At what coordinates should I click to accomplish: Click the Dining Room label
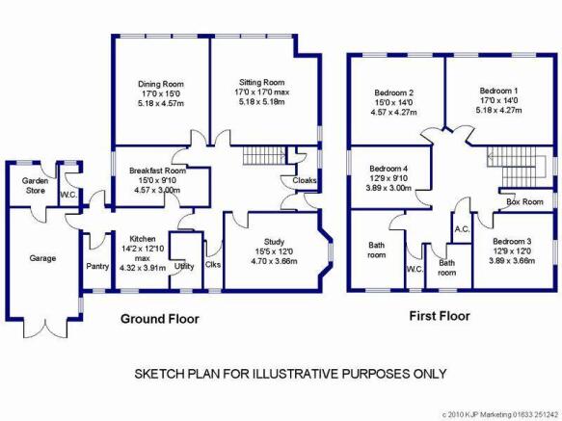coord(161,84)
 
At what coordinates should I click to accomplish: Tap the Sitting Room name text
coord(262,83)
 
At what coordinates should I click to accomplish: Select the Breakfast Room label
coord(158,171)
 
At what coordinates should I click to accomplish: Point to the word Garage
coord(42,258)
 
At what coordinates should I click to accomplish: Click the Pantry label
coord(97,267)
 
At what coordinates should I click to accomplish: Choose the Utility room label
coord(184,266)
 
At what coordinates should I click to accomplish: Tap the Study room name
coord(274,242)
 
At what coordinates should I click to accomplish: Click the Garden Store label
coord(35,186)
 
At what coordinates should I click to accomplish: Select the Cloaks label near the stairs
coord(305,180)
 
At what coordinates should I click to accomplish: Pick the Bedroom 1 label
coord(498,91)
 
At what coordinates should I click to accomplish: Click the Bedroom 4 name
coord(388,169)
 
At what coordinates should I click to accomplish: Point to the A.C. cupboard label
coord(462,229)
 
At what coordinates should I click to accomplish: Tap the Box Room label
coord(524,201)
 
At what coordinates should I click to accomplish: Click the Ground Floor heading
coord(160,319)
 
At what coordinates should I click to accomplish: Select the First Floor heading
coord(440,316)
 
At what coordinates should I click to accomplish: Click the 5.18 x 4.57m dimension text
coord(161,103)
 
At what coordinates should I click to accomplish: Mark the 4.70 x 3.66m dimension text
coord(274,261)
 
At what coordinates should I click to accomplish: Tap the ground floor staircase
coord(264,155)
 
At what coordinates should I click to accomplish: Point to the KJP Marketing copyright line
coord(500,415)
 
